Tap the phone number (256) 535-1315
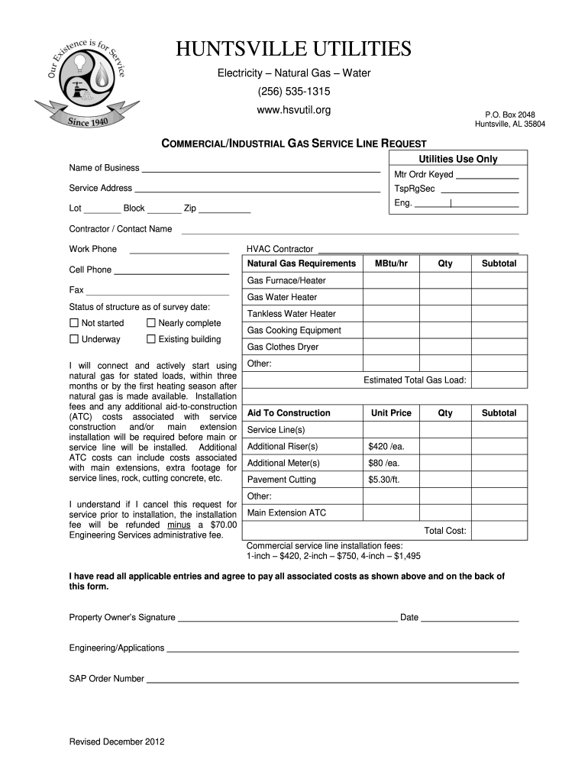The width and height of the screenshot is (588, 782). point(293,92)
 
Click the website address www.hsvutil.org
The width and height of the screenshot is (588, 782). point(293,111)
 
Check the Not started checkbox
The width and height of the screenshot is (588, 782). point(74,323)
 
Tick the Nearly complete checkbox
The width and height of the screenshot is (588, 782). point(151,323)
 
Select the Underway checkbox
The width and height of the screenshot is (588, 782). point(74,339)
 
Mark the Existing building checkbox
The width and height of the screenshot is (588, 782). point(151,339)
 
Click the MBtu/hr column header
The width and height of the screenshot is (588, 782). point(391,263)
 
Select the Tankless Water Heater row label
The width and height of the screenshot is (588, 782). point(291,314)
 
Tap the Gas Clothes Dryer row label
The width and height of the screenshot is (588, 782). point(283,347)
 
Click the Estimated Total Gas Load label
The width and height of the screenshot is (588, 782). point(415,380)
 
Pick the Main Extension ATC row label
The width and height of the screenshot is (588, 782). point(286,513)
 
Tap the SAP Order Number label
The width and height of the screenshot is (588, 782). point(107,678)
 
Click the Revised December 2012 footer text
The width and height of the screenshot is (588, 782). point(117,742)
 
